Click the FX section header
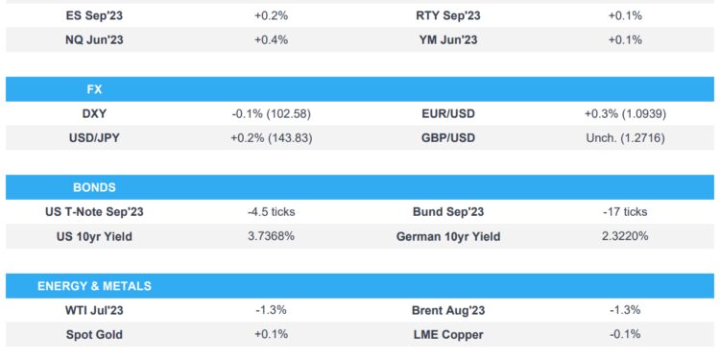pyautogui.click(x=94, y=88)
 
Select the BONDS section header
pyautogui.click(x=94, y=187)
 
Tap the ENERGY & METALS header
pyautogui.click(x=94, y=286)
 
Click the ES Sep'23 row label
pyautogui.click(x=94, y=15)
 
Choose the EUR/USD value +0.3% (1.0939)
pyautogui.click(x=625, y=113)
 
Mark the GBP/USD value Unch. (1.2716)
pyautogui.click(x=625, y=138)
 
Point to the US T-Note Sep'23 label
pyautogui.click(x=94, y=212)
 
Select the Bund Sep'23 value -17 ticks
pyautogui.click(x=625, y=212)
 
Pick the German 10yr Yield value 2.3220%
pyautogui.click(x=625, y=236)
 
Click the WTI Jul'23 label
pyautogui.click(x=94, y=311)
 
